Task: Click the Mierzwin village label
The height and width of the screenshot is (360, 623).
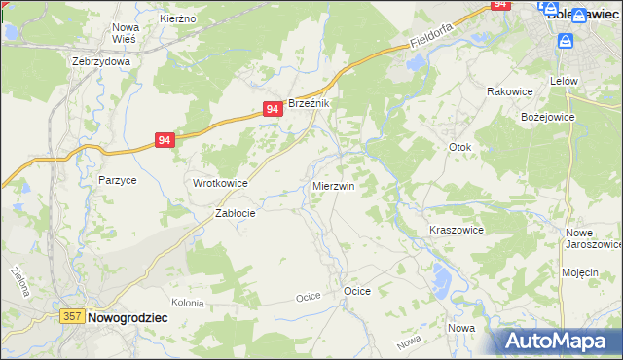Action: [333, 185]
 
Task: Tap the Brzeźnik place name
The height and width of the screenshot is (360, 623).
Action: [310, 103]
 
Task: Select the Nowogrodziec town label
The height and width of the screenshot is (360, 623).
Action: [128, 317]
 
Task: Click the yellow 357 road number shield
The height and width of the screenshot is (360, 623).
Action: [71, 317]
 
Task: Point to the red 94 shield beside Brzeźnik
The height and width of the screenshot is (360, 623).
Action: [273, 110]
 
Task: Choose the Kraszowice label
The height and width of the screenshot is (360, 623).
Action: [457, 230]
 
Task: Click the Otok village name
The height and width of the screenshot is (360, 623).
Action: [459, 147]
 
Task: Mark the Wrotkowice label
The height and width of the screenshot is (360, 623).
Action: [220, 183]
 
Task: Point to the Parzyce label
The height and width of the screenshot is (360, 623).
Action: [117, 180]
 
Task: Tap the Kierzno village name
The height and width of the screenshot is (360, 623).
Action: [177, 18]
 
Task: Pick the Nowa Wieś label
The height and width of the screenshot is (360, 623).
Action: [126, 34]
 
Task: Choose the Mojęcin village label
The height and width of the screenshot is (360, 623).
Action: [579, 272]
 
